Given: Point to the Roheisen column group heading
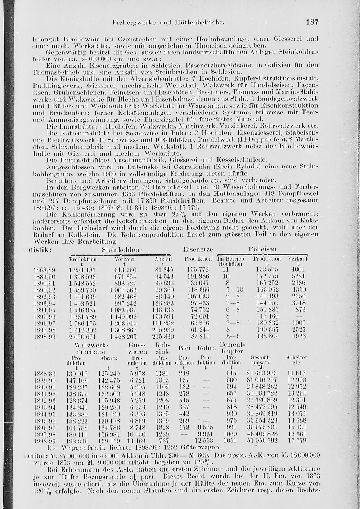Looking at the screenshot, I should (262, 249).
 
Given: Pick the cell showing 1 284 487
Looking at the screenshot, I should (82, 270).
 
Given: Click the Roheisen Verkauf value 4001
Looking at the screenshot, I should (298, 270).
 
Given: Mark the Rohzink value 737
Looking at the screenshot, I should (163, 440).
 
